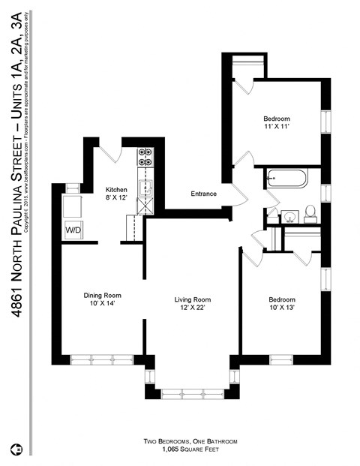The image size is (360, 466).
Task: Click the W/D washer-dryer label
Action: point(73,228)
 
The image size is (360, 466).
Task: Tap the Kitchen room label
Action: point(116,190)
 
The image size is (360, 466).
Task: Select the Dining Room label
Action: point(103,295)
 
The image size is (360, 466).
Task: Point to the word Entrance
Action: point(203,194)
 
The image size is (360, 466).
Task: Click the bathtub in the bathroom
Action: point(286,179)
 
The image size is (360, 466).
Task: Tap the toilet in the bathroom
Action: point(308,215)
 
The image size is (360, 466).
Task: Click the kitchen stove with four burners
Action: point(145,158)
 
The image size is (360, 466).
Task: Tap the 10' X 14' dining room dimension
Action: point(103,305)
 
